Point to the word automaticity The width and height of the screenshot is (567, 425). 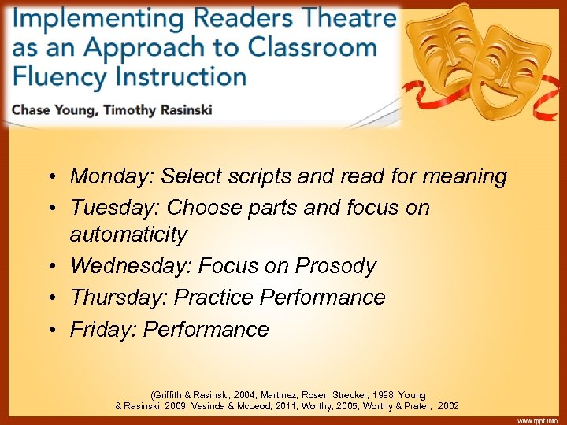pos(128,235)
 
